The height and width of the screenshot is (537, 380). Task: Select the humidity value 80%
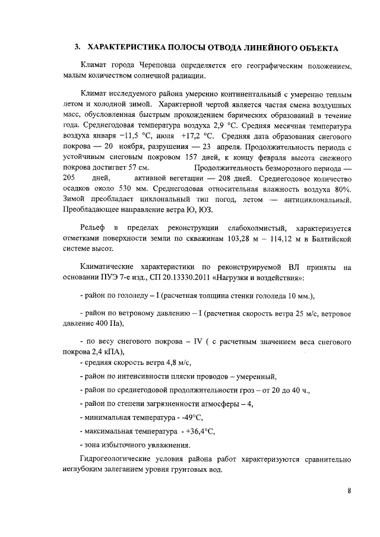(341, 189)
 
